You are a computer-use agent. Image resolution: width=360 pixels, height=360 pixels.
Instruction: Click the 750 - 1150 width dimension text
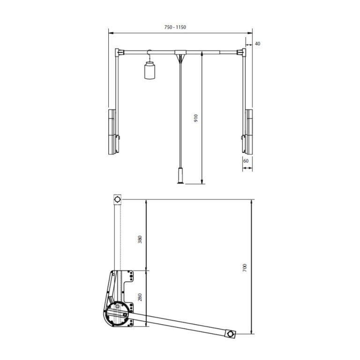pyautogui.click(x=176, y=27)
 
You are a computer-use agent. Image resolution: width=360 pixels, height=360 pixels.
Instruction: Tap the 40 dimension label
pyautogui.click(x=257, y=44)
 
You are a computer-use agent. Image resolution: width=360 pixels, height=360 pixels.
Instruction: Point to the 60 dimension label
pyautogui.click(x=245, y=161)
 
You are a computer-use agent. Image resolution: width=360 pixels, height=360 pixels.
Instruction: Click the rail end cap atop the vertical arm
pyautogui.click(x=117, y=200)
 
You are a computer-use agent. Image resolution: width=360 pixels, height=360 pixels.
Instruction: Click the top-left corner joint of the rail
pyautogui.click(x=117, y=51)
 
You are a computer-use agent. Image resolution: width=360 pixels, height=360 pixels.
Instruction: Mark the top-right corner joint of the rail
pyautogui.click(x=243, y=51)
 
